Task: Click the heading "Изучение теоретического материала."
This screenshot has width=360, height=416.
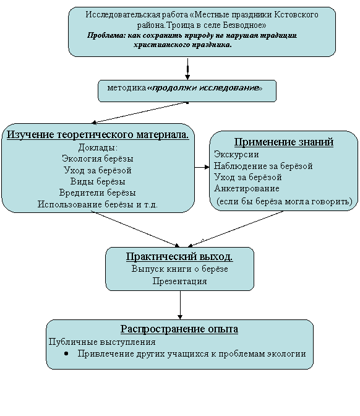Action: pos(98,135)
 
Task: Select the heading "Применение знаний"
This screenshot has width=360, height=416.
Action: pos(284,142)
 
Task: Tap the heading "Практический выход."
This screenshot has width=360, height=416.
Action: pos(179,256)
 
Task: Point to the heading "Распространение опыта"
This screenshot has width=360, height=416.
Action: pos(179,329)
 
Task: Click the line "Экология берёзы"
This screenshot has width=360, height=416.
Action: pos(98,158)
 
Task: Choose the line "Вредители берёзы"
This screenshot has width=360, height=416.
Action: pos(98,193)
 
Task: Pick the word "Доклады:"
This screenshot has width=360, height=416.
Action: pos(98,147)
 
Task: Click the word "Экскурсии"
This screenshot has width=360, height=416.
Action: pos(236,154)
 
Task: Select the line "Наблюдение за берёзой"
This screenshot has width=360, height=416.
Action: pos(264,166)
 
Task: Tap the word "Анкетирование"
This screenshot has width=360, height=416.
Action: pos(247,188)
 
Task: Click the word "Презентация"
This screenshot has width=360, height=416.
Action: pos(179,281)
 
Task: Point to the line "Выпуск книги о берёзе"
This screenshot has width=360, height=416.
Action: pos(180,269)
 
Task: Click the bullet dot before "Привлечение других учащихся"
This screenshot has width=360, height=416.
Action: pos(66,353)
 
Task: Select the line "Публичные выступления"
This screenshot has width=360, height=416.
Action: pos(102,342)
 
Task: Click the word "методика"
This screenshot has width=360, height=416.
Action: pos(127,88)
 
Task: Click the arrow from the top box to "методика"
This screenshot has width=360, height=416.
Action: pos(187,69)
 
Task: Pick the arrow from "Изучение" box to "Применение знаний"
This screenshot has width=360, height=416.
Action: pos(202,167)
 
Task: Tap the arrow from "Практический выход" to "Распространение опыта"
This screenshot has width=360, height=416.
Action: pos(180,305)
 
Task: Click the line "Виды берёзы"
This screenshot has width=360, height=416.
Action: pos(98,181)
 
